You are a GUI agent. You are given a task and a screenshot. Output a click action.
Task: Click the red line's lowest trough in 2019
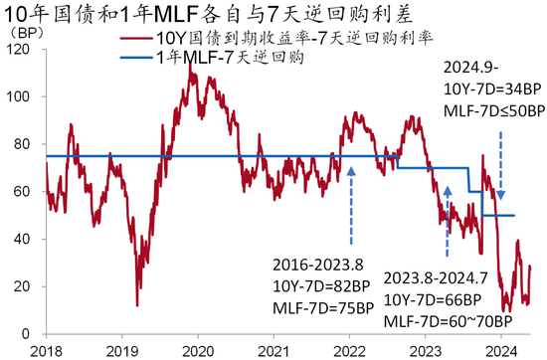[137, 304]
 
